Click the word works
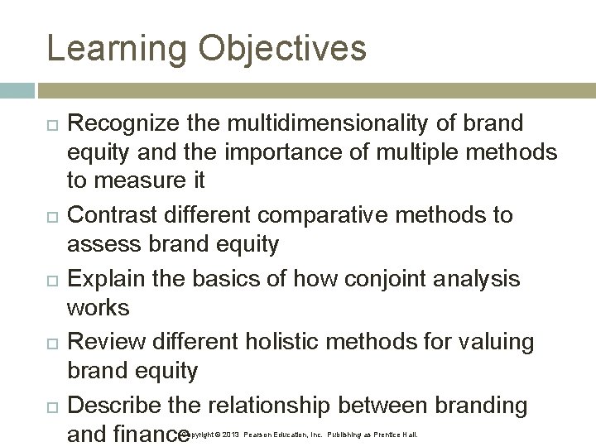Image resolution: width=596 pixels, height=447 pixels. (x=98, y=308)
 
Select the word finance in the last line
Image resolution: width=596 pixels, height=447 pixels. (x=147, y=434)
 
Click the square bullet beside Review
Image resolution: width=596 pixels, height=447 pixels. (x=50, y=343)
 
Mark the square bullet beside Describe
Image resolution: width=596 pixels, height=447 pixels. (x=50, y=406)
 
